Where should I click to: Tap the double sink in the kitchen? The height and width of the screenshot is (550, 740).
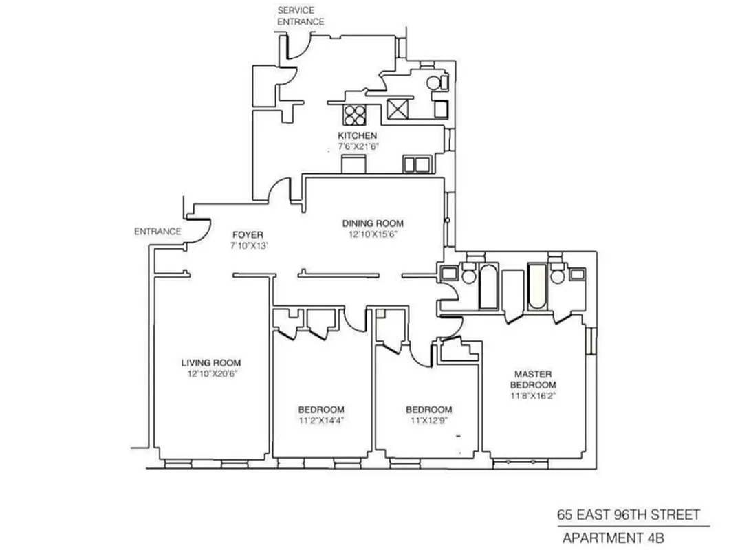click(415, 164)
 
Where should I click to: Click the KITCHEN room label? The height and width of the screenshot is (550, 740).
click(357, 136)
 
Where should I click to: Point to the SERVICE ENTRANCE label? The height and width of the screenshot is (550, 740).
click(300, 16)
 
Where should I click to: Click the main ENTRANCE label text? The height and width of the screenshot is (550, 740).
click(157, 232)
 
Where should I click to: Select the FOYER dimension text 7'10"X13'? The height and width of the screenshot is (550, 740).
click(248, 246)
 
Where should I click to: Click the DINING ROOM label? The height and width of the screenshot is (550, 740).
click(373, 223)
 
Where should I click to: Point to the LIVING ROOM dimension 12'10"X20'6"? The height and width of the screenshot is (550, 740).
click(211, 374)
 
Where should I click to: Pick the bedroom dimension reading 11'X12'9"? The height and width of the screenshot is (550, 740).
click(428, 421)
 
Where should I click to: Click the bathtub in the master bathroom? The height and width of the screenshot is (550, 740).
click(537, 287)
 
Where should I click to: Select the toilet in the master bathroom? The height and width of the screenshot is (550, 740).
click(557, 276)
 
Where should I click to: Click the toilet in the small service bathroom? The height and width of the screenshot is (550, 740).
click(435, 82)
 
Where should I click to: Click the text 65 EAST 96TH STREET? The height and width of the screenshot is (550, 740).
click(628, 515)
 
